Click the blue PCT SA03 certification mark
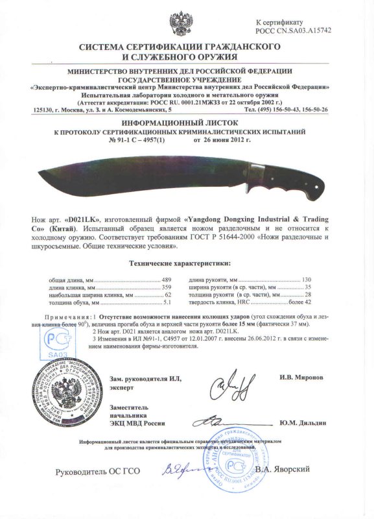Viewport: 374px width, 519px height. tap(56, 343)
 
